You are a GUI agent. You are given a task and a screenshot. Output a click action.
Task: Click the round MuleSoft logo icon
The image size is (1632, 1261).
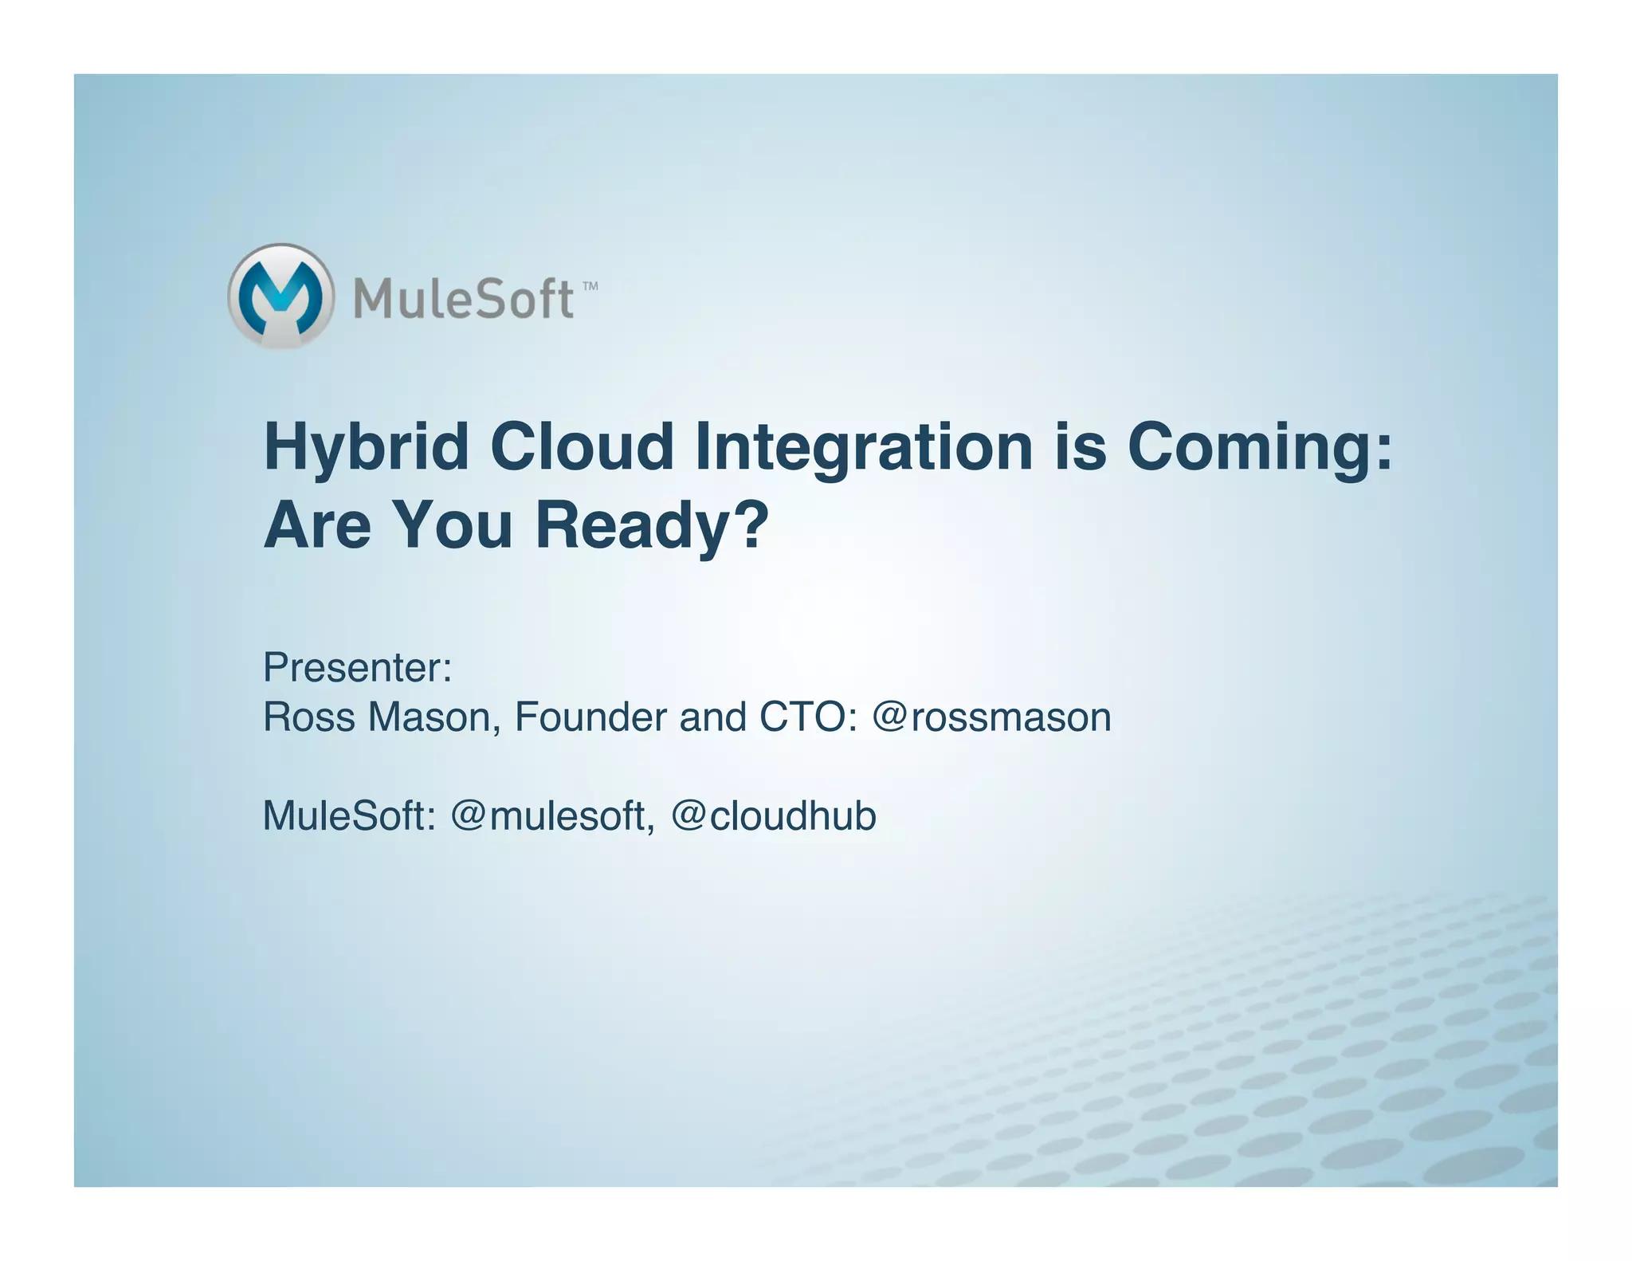coord(280,296)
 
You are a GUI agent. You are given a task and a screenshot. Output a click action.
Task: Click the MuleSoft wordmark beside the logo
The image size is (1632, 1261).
coord(463,299)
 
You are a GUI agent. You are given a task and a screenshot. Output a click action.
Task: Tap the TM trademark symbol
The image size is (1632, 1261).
coord(590,286)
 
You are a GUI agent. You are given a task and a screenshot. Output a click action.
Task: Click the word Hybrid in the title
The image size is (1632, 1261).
coord(366,448)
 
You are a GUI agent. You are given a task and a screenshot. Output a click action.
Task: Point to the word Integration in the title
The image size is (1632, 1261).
coord(864,448)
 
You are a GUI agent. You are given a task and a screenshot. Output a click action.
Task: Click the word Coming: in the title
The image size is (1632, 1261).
coord(1260,448)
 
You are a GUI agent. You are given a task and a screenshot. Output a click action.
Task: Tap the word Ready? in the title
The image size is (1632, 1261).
coord(651,526)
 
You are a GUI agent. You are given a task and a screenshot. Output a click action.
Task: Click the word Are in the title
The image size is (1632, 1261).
coord(317,526)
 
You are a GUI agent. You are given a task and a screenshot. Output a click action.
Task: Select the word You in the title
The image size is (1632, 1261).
coord(453,526)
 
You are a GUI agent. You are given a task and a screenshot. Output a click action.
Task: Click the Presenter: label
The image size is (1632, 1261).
coord(357,668)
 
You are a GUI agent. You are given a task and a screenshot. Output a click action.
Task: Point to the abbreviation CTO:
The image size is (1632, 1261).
coord(808,717)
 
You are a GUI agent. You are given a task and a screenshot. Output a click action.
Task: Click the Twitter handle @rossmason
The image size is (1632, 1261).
coord(991,717)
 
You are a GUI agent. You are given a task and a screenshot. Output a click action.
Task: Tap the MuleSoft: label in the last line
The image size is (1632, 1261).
coord(349,816)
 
